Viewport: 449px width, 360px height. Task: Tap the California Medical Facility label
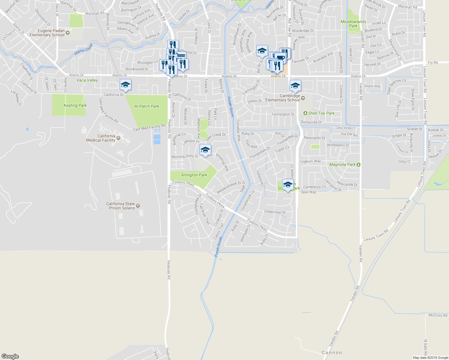pos(101,138)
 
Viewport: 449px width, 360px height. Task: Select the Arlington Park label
pos(194,175)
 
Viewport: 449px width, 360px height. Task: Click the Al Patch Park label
pos(147,106)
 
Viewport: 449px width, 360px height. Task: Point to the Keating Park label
pos(75,105)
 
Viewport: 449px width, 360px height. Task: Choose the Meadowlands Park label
pos(353,24)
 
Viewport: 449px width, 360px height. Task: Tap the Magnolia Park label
pos(342,164)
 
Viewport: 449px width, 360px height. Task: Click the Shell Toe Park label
pos(321,113)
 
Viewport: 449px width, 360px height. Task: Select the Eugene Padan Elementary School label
pos(47,33)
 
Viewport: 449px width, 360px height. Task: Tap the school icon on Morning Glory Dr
pos(205,150)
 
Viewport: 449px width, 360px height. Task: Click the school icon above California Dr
pos(125,85)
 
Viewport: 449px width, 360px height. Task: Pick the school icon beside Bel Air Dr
pos(262,51)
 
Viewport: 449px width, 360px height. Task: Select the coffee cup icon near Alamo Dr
pos(280,58)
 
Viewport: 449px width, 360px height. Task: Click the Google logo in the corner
pos(10,356)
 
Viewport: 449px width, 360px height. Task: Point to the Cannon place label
pos(332,353)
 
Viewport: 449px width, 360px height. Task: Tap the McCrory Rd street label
pos(438,315)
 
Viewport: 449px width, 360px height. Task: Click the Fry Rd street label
pos(432,63)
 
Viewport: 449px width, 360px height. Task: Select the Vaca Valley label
pos(87,80)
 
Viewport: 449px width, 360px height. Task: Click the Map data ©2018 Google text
pos(430,358)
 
